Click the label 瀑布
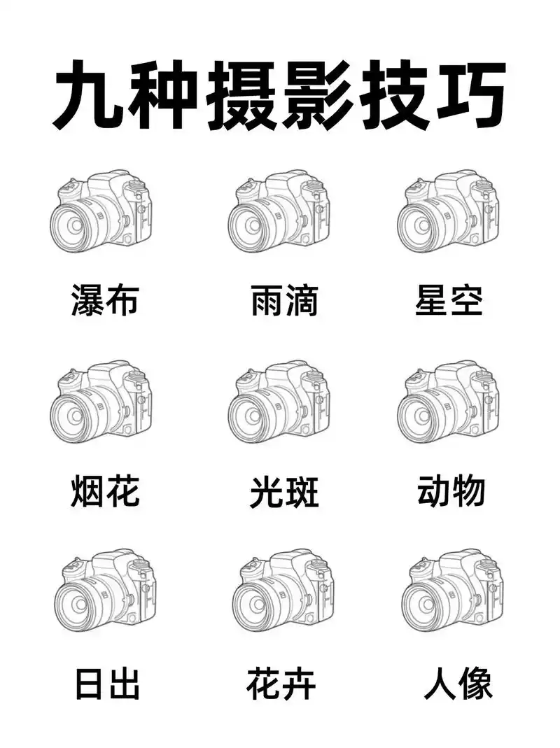tap(105, 300)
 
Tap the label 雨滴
tap(284, 300)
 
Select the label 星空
tap(449, 300)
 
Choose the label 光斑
tap(284, 492)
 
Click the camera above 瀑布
tap(102, 211)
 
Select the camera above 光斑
tap(280, 403)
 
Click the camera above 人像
tap(453, 591)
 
